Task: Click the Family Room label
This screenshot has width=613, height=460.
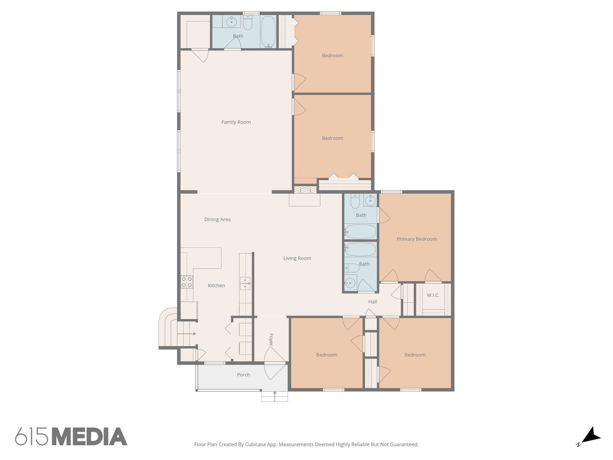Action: click(236, 122)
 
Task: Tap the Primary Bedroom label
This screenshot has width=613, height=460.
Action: click(417, 239)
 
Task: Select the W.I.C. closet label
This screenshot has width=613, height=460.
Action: click(433, 295)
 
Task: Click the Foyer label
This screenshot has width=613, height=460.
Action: click(271, 340)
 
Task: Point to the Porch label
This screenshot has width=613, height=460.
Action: click(243, 375)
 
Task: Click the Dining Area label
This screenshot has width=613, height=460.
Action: click(217, 220)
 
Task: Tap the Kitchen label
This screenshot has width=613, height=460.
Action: click(216, 286)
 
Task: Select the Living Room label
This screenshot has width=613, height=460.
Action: click(297, 258)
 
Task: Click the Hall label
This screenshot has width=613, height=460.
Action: click(372, 302)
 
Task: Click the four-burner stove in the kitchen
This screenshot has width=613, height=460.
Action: click(186, 282)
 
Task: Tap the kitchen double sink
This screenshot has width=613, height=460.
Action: click(245, 283)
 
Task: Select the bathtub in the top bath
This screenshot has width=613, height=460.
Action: click(268, 32)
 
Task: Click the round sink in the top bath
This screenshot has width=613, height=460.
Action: click(231, 22)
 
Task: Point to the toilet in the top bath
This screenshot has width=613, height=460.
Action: click(248, 23)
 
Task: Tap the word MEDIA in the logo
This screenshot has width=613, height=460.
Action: click(89, 437)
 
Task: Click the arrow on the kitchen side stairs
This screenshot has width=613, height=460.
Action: click(186, 334)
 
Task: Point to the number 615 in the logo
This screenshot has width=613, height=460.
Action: click(31, 437)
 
